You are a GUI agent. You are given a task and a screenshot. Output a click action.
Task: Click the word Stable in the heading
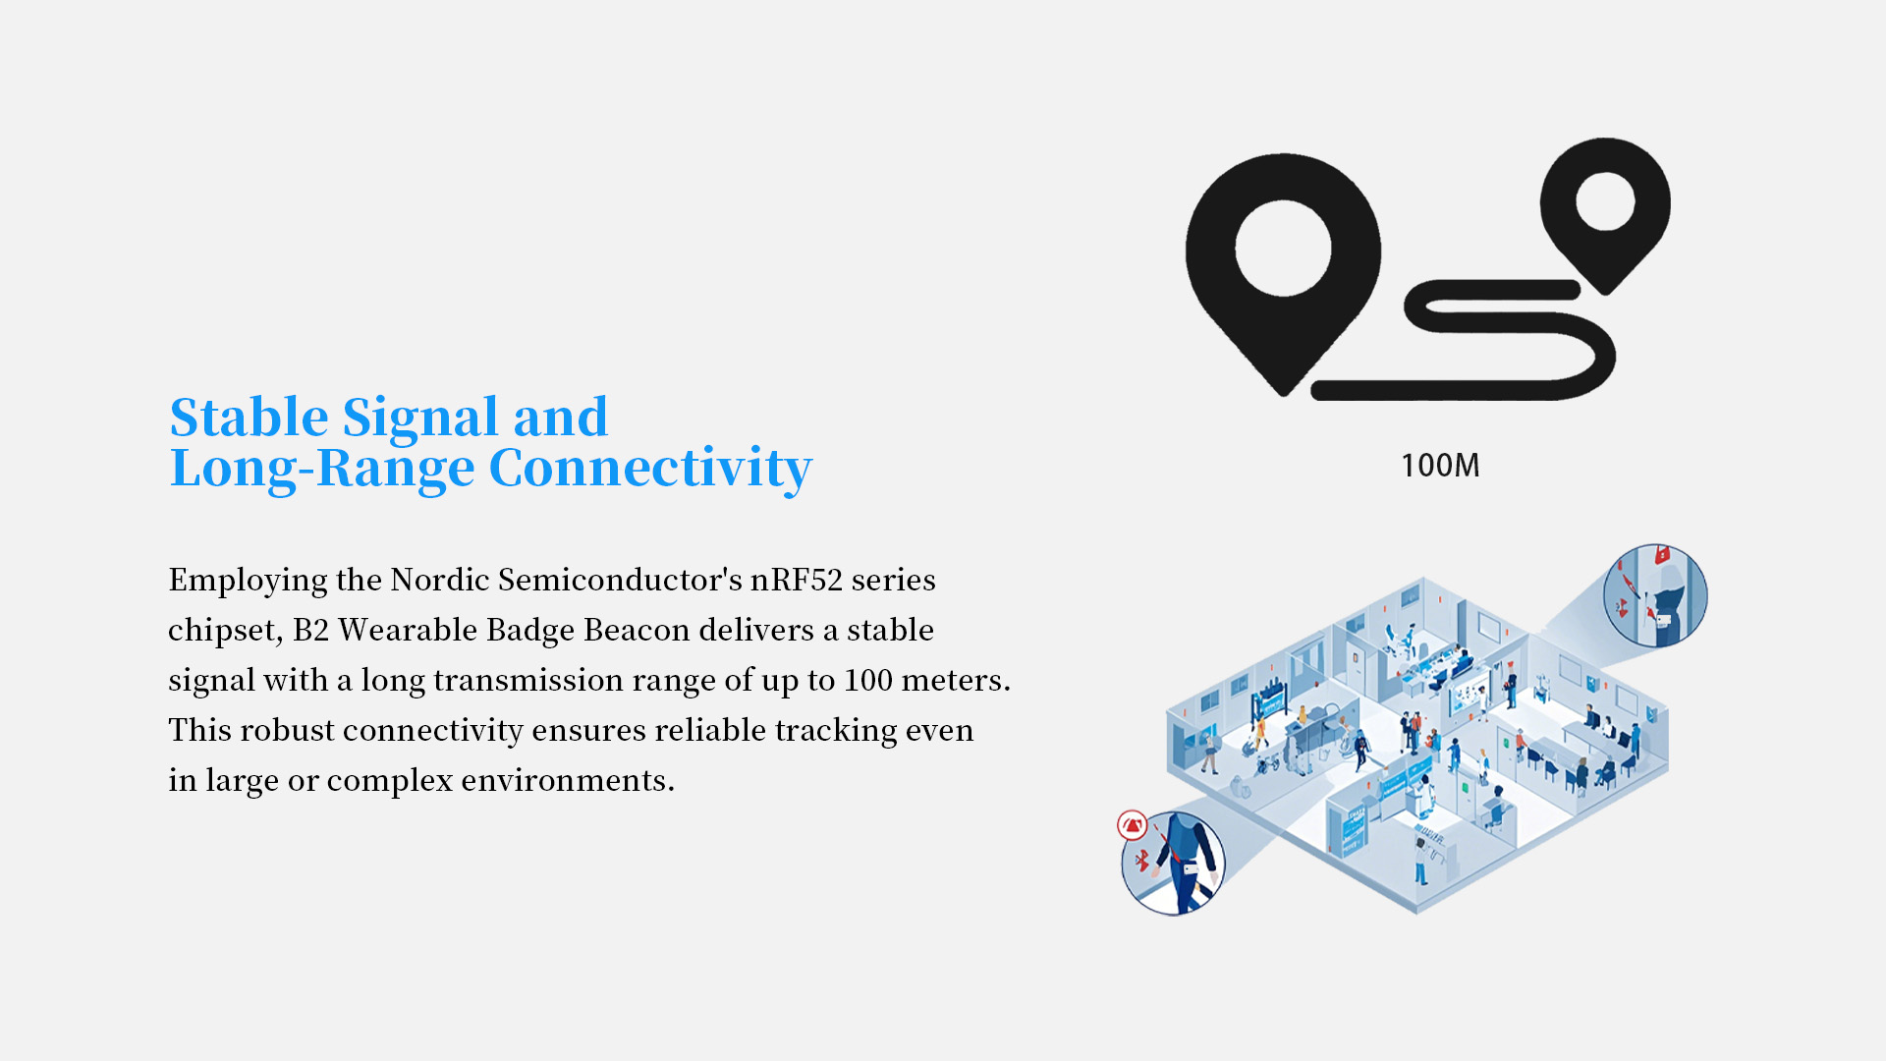coord(249,418)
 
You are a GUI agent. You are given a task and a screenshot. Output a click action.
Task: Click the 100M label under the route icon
coord(1440,466)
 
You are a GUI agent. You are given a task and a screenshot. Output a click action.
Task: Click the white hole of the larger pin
coord(1283,248)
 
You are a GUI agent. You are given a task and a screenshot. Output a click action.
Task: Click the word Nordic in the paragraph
coord(440,580)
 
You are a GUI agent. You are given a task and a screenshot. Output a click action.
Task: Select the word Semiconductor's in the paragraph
coord(620,580)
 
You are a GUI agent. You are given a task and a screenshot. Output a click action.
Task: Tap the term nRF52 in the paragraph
coord(797,580)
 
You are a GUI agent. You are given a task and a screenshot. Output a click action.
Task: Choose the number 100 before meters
coord(868,680)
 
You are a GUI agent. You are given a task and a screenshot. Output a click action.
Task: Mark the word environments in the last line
coord(567,780)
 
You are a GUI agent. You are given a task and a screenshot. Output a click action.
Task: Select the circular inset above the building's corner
coord(1655,595)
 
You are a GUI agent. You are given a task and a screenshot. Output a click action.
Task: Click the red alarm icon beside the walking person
coord(1133,825)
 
